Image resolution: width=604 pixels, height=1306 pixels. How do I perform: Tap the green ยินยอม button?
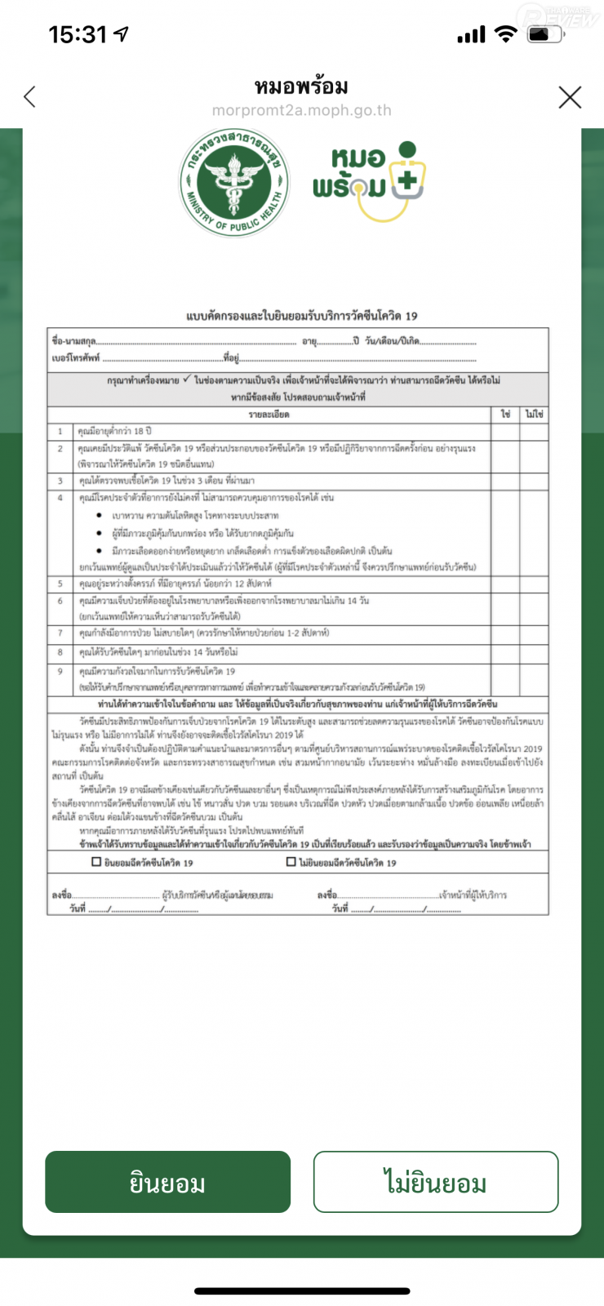point(167,1182)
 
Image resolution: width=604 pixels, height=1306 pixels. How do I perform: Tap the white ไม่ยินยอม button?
point(435,1182)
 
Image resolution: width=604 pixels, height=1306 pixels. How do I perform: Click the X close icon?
point(570,97)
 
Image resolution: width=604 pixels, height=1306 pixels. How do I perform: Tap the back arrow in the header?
point(30,97)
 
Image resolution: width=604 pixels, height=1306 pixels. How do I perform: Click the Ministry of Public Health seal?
point(234,182)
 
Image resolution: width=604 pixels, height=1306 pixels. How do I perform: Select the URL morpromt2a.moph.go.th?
point(301,110)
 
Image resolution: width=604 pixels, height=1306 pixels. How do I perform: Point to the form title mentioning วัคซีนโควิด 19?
point(301,316)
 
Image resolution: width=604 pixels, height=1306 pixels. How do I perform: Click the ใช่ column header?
point(505,415)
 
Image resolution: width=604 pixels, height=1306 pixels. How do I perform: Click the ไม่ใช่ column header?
point(534,415)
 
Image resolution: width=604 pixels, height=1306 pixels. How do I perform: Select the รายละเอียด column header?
point(269,415)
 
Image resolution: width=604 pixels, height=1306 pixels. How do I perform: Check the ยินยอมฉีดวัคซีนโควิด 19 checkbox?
point(96,862)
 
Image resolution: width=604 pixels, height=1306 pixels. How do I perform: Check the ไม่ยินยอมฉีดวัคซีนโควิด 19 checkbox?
point(291,862)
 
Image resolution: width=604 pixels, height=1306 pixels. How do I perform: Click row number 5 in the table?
point(60,584)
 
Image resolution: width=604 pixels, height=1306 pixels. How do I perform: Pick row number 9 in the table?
point(60,671)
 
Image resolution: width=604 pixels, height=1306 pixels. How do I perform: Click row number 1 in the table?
point(60,430)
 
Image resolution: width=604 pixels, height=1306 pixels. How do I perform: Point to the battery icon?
point(545,34)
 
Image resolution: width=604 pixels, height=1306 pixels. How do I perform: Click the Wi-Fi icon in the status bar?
point(506,34)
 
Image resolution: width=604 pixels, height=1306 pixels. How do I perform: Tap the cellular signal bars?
point(471,35)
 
